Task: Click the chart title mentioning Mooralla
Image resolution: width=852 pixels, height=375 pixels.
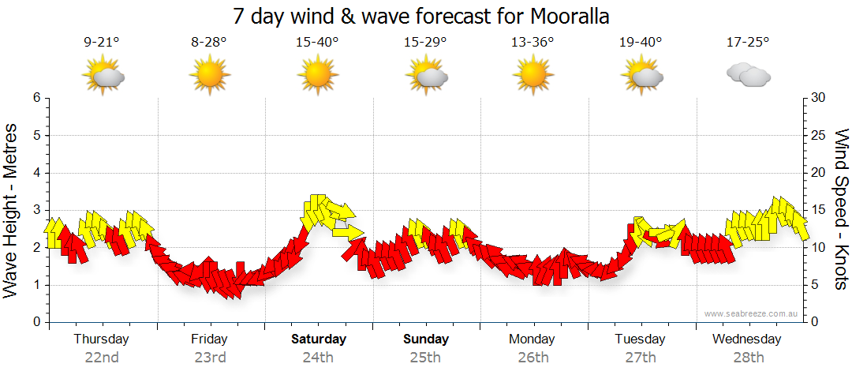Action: click(x=421, y=17)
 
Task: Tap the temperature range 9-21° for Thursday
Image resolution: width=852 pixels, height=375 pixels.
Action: click(x=102, y=43)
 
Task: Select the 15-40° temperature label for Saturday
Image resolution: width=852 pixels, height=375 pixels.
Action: click(x=318, y=43)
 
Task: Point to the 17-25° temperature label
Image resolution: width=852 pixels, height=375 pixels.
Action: click(x=748, y=43)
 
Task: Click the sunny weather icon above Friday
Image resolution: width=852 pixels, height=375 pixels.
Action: click(x=209, y=76)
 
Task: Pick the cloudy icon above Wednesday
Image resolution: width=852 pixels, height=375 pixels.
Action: click(x=748, y=76)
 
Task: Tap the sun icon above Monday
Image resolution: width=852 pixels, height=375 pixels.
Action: click(x=532, y=76)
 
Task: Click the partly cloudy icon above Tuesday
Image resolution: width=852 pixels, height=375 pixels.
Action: click(x=641, y=76)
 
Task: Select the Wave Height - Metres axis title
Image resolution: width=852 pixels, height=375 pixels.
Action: click(x=12, y=210)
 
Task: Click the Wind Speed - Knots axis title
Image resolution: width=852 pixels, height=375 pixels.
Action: click(x=841, y=210)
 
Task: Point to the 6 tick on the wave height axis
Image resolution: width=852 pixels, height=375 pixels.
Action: click(x=36, y=98)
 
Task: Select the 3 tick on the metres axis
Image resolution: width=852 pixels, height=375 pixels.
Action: click(x=36, y=210)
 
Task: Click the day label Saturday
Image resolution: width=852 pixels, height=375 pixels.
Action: click(x=319, y=339)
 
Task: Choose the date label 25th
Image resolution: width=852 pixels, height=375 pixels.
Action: click(x=425, y=358)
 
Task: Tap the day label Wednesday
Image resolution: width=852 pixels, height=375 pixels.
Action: click(x=746, y=339)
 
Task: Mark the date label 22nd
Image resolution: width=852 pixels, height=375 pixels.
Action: click(x=102, y=358)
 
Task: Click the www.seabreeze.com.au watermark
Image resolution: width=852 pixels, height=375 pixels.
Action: click(x=752, y=314)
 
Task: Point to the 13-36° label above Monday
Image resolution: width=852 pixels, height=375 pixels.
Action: click(x=532, y=43)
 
